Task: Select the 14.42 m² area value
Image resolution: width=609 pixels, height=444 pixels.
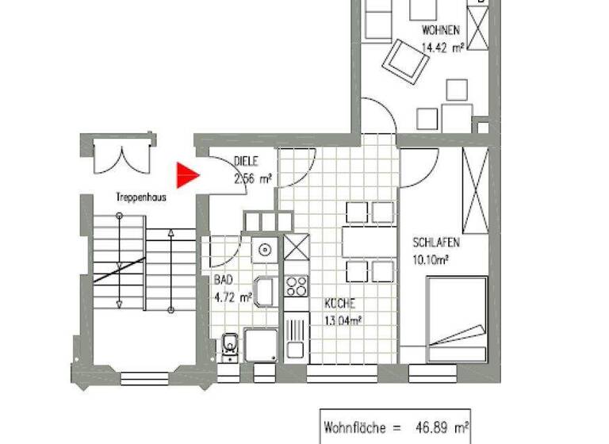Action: (442, 48)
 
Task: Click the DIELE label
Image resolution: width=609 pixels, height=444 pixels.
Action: (246, 161)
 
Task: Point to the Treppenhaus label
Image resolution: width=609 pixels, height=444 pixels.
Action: (140, 198)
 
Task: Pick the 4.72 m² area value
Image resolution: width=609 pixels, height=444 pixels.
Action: (232, 298)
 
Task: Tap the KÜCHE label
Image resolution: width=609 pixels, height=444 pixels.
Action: (339, 304)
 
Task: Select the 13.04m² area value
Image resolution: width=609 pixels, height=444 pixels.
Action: (343, 321)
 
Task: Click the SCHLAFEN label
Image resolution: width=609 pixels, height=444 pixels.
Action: (436, 243)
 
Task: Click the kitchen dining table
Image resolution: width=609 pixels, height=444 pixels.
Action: (370, 238)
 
